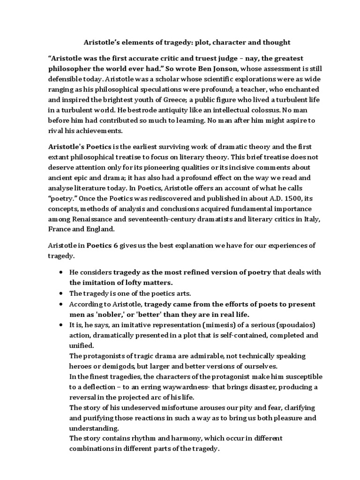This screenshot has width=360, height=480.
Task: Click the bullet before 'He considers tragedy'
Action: [62, 273]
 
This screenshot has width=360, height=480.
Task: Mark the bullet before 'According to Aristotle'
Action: [62, 304]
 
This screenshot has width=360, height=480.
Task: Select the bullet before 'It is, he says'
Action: [62, 324]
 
